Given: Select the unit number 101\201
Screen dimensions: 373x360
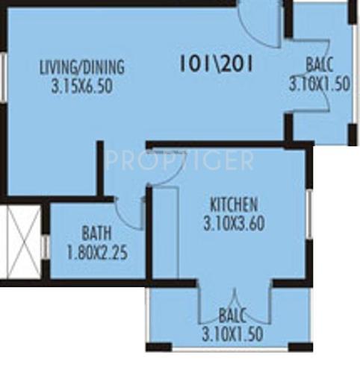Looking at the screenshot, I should click(x=217, y=64).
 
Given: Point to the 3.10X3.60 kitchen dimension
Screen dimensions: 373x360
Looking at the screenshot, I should click(x=234, y=222).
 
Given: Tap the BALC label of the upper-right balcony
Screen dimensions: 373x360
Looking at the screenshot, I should click(x=320, y=64).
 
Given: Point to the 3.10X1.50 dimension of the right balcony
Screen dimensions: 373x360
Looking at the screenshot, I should click(x=320, y=84).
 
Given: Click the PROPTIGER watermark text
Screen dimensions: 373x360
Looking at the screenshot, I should click(x=179, y=160).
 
